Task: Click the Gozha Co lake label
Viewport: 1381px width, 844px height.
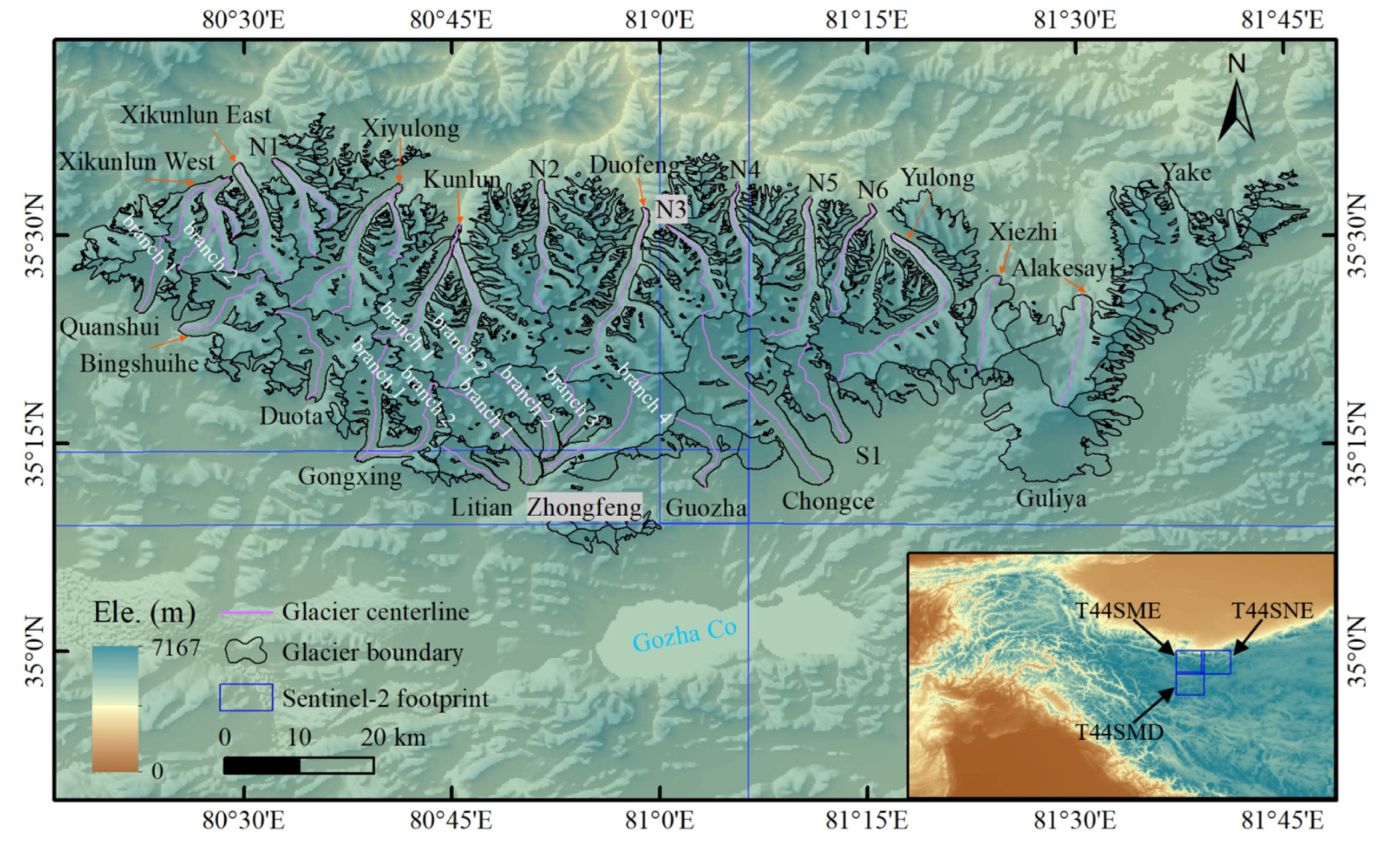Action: point(684,636)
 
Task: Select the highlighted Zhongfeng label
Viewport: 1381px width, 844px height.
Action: point(585,507)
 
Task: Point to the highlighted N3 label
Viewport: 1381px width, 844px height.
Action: point(671,209)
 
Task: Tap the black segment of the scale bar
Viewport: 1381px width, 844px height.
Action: point(262,765)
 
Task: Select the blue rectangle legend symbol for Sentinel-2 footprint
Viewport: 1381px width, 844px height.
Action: point(246,698)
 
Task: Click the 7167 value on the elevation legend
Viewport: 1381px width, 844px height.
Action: point(176,648)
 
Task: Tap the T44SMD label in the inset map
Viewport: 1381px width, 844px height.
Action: point(1119,732)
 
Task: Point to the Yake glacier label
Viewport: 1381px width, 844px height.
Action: point(1185,173)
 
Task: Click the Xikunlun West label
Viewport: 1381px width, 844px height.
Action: point(136,163)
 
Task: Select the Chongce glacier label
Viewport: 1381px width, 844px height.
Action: point(828,501)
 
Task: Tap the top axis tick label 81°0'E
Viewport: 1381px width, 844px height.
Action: point(660,21)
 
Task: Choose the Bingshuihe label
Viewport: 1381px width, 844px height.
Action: point(140,365)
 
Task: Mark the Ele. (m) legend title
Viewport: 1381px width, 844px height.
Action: point(144,613)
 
